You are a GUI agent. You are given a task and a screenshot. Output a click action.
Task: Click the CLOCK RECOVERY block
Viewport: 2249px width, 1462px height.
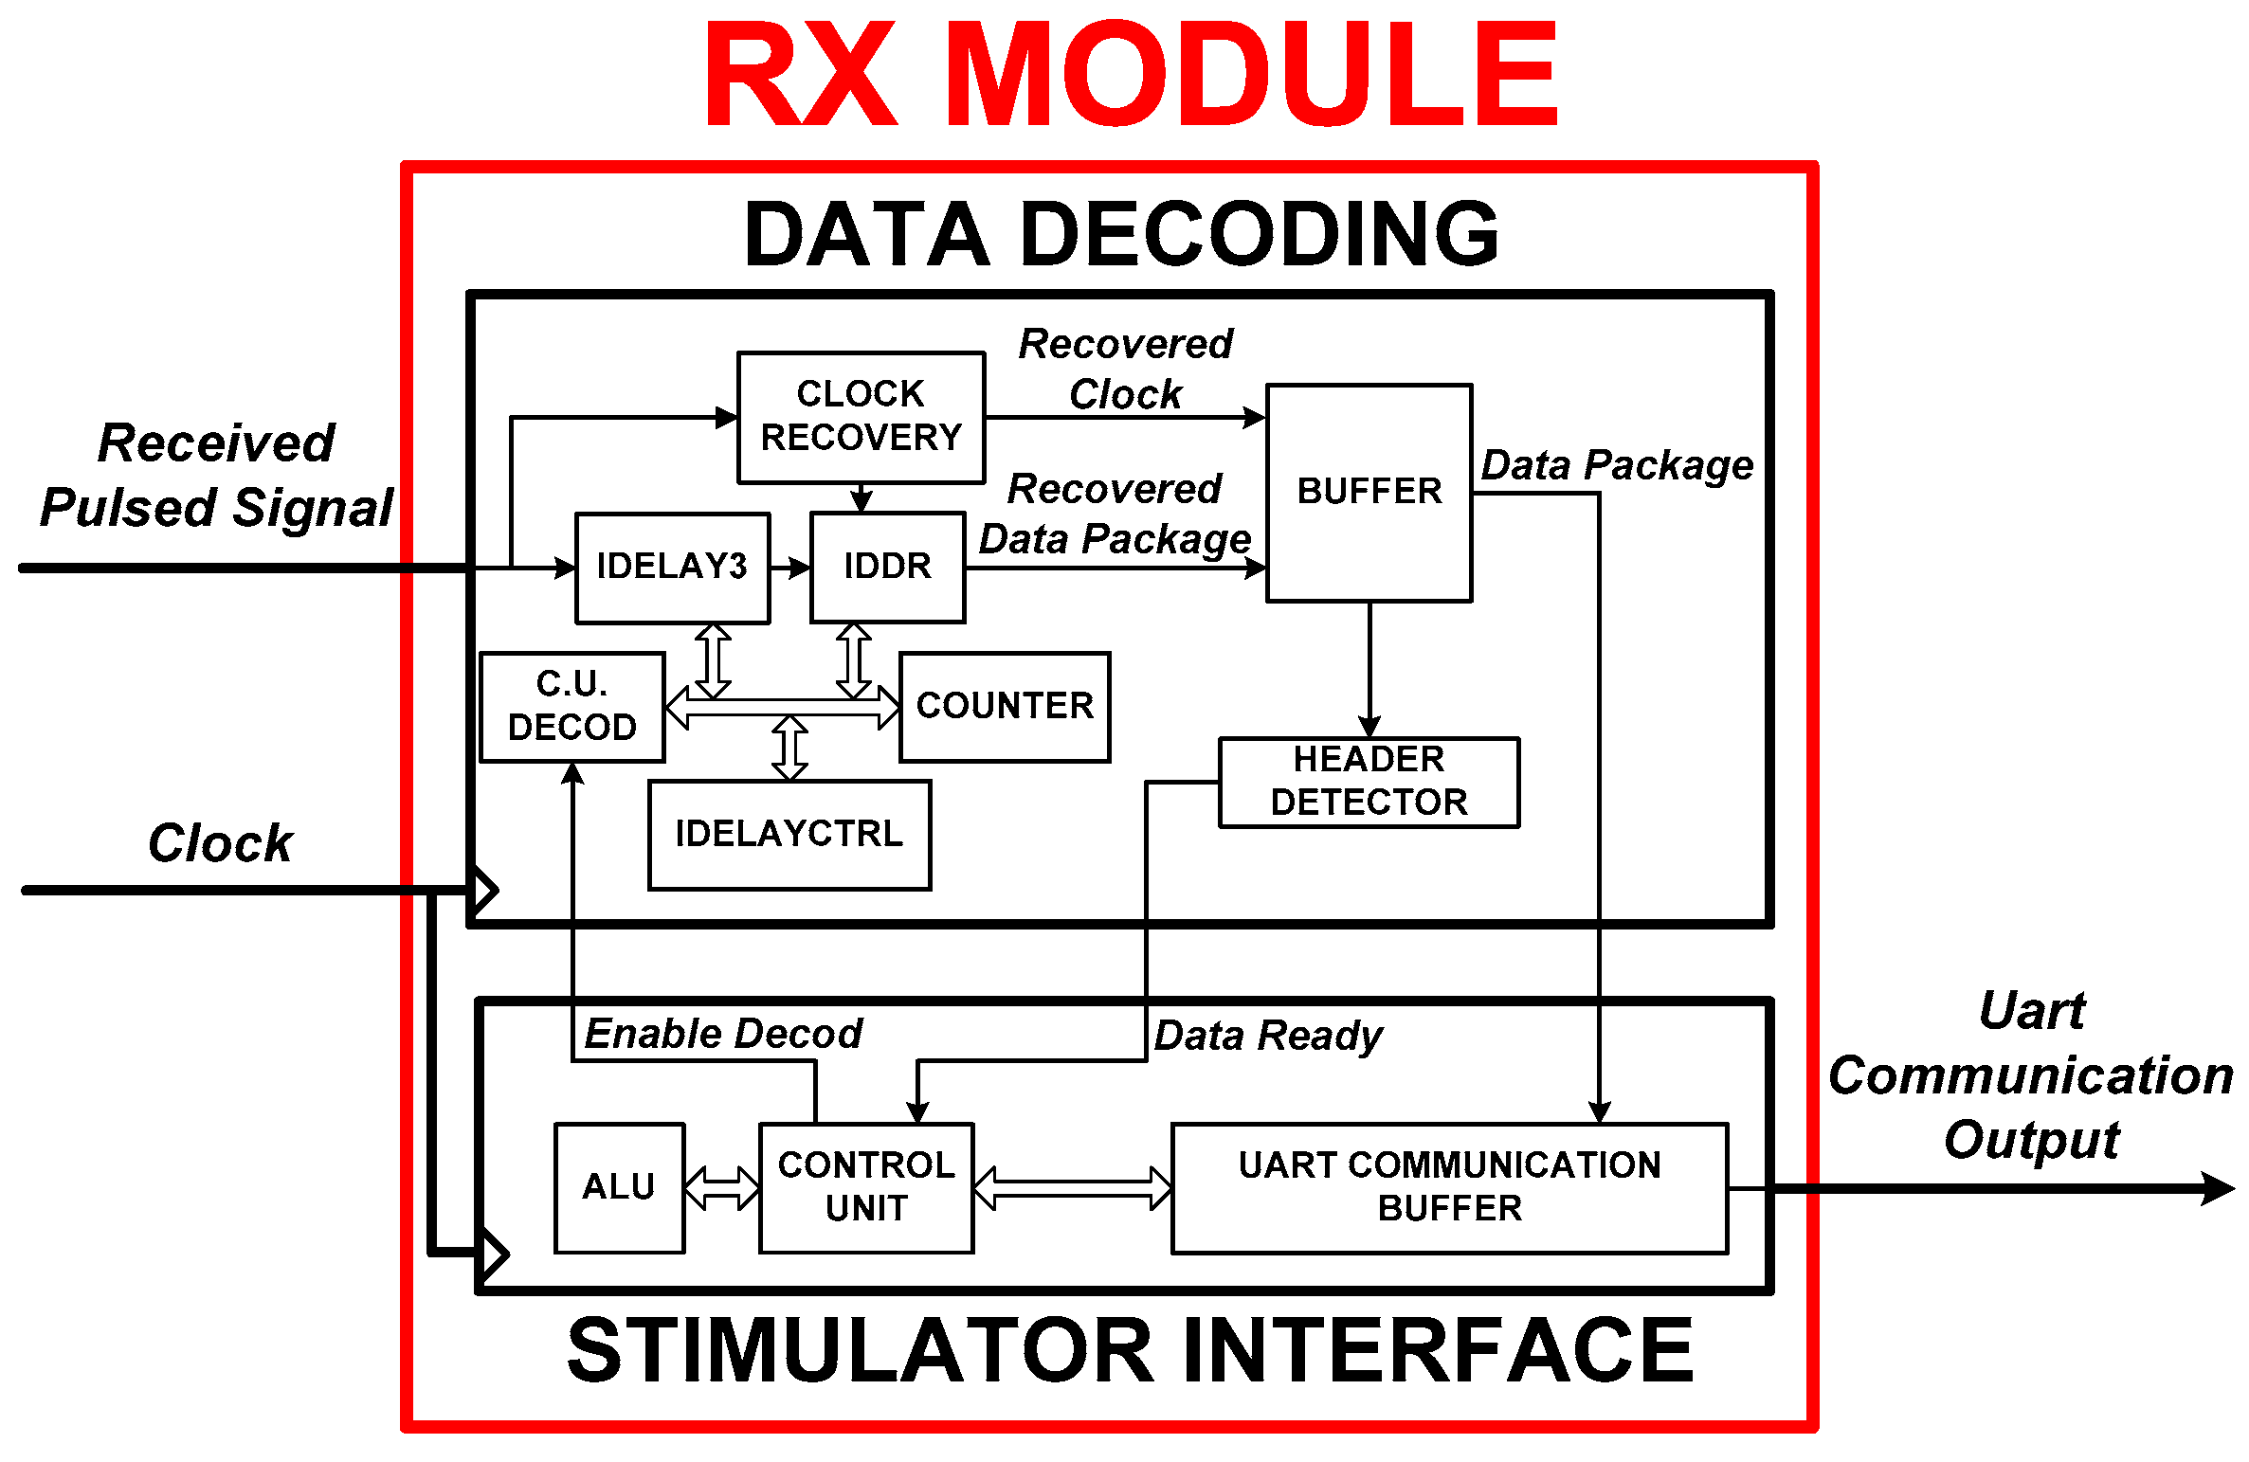point(861,417)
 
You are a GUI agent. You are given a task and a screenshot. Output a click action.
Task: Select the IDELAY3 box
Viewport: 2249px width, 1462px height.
point(672,567)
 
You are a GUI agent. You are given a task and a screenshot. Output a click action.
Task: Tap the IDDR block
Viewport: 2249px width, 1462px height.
point(887,567)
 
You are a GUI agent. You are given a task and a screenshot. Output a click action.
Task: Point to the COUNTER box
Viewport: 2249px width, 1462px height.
point(1005,706)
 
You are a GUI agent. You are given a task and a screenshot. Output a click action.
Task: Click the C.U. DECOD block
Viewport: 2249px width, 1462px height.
point(571,706)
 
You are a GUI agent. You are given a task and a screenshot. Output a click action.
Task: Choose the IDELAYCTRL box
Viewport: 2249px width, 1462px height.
point(789,834)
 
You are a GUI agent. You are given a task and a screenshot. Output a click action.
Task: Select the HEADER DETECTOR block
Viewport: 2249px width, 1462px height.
point(1369,782)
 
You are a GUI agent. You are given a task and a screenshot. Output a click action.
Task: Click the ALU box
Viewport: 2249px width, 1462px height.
point(619,1187)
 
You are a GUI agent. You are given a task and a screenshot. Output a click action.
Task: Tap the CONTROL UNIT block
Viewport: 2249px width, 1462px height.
point(866,1187)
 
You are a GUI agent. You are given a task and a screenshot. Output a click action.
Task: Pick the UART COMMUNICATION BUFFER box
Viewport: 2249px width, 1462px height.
point(1449,1187)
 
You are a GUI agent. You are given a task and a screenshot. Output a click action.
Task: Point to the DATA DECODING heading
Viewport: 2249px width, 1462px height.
point(1121,234)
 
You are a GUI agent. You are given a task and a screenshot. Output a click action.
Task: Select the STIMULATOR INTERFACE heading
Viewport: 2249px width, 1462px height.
point(1130,1351)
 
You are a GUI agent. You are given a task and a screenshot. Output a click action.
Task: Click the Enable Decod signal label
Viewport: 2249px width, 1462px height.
point(723,1034)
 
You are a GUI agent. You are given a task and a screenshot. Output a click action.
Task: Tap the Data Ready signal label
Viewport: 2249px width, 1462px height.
point(1268,1036)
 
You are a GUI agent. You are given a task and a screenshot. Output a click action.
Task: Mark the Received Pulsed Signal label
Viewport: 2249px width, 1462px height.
point(217,476)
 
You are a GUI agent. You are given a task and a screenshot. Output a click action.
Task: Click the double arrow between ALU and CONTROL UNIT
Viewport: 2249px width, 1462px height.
point(722,1187)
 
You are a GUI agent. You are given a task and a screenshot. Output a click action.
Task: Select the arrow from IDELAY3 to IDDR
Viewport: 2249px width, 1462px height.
point(790,568)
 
